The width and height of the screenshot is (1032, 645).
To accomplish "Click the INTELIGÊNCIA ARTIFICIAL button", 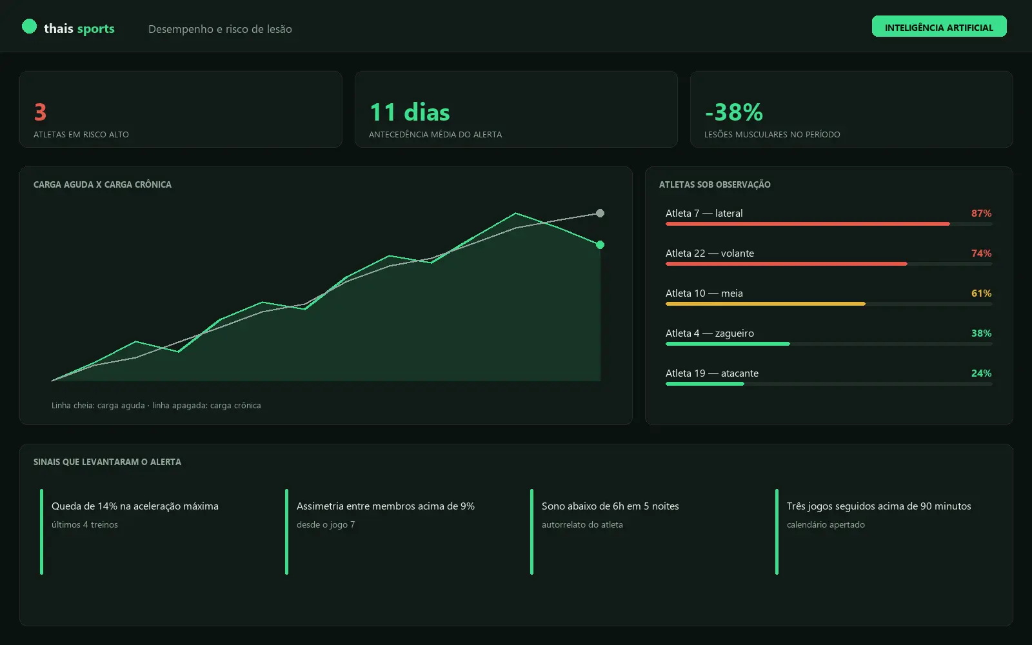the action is click(x=939, y=26).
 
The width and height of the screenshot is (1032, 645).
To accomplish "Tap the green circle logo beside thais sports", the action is click(x=29, y=26).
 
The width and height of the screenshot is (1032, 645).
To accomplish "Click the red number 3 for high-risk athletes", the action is click(x=40, y=112).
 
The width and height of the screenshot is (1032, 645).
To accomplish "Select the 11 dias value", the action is click(x=410, y=112).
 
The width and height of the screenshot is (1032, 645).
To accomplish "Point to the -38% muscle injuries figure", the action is click(x=734, y=112).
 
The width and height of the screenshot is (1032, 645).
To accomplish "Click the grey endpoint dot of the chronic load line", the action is click(x=600, y=213).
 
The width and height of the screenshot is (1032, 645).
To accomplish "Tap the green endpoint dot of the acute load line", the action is click(x=600, y=244).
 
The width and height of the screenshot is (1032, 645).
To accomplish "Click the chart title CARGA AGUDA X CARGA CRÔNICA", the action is click(x=103, y=184).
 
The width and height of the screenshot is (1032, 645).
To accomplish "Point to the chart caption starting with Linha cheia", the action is click(x=156, y=406).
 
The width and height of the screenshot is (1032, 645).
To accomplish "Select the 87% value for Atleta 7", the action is click(x=981, y=213).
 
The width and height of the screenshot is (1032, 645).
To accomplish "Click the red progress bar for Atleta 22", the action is click(x=786, y=264).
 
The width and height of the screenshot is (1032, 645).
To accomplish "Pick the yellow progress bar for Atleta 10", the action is click(x=766, y=304).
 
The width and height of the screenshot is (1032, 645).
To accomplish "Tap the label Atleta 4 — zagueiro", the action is click(x=710, y=333).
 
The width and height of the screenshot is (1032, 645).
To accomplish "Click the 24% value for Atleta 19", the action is click(x=981, y=373).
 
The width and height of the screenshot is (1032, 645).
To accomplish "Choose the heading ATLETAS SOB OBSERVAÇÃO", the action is click(x=715, y=184).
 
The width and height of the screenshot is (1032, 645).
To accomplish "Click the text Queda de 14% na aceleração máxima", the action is click(x=135, y=506).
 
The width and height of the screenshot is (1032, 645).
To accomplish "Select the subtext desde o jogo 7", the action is click(x=326, y=525).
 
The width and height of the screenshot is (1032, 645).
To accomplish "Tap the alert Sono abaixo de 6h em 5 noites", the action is click(x=610, y=506).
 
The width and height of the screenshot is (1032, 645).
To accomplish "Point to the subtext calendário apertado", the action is click(x=826, y=525).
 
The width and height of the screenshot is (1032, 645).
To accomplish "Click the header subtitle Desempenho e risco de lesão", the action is click(x=220, y=29).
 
